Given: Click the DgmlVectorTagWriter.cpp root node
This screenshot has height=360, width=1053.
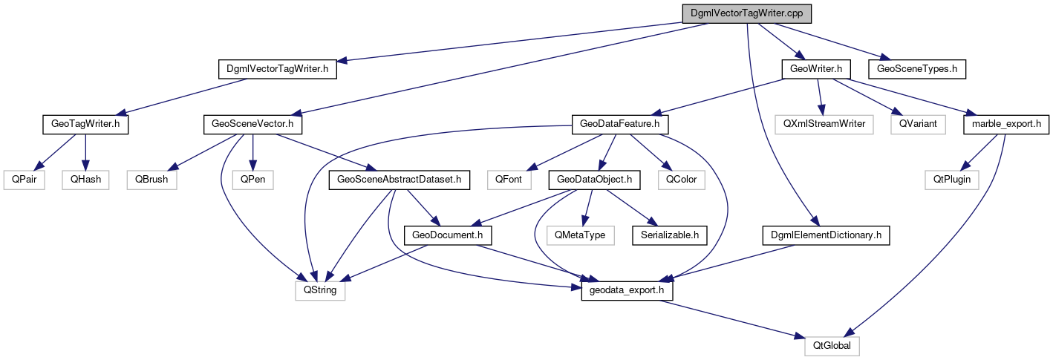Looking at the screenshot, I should coord(746,13).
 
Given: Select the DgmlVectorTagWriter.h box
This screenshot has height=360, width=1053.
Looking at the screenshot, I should coord(278,69).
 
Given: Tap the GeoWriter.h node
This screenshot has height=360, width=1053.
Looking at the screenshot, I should coord(815,69).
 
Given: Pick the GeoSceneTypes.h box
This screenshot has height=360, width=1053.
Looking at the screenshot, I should coord(917,69).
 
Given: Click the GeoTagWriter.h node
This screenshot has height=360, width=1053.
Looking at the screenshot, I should coord(85,124).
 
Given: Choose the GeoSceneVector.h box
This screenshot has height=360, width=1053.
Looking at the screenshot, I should coord(251,124).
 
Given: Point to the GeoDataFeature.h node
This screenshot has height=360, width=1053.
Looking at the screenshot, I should coord(616,124).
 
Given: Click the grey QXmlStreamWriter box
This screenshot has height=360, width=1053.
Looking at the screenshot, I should coord(824,124).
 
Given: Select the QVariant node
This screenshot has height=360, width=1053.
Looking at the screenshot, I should coord(919,124).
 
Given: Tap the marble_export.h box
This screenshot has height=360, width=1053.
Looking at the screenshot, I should coord(1005,124).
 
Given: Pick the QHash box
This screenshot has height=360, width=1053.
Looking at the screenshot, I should coord(86,179).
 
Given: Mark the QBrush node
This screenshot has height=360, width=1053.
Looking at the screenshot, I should coord(152,179).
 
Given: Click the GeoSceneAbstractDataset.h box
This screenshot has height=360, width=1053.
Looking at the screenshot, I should coord(400,179).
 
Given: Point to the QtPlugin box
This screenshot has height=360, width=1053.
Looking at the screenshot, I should coord(952,179).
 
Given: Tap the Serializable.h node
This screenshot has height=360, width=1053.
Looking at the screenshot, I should coord(669,235).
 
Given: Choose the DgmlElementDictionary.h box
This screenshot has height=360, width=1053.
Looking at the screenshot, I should coord(826,235).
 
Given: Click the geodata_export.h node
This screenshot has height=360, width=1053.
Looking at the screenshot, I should coord(627,291).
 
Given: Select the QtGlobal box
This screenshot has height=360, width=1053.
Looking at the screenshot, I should coord(832,346).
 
